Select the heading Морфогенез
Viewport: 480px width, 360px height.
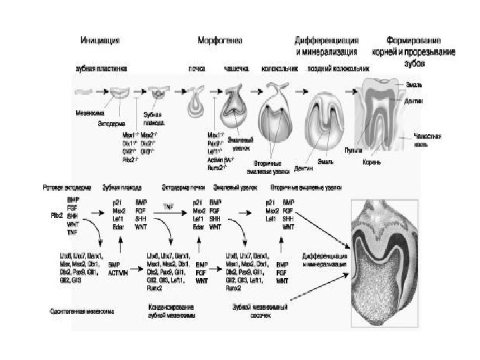click(220, 40)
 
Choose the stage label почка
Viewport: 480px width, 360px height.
click(197, 69)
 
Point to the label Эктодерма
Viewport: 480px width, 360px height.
click(117, 122)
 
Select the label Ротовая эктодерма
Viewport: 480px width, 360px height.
click(64, 188)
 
